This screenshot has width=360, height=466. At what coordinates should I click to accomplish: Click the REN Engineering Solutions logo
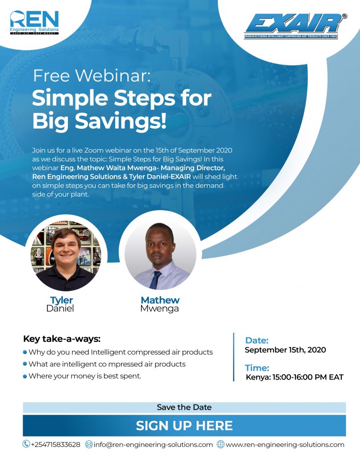pyautogui.click(x=34, y=23)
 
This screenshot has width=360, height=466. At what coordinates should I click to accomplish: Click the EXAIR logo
pyautogui.click(x=295, y=26)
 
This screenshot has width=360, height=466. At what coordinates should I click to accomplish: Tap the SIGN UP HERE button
pyautogui.click(x=184, y=425)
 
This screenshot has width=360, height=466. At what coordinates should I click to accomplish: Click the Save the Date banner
pyautogui.click(x=184, y=407)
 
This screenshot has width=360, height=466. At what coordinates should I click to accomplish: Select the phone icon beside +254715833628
pyautogui.click(x=26, y=444)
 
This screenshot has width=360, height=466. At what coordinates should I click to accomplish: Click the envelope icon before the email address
pyautogui.click(x=89, y=445)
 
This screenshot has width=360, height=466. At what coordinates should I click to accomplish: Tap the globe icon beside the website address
pyautogui.click(x=220, y=445)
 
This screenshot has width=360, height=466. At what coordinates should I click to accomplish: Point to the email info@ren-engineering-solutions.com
pyautogui.click(x=153, y=445)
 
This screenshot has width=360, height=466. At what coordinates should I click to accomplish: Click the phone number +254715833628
pyautogui.click(x=56, y=445)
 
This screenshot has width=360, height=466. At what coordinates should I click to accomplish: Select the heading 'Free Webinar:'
pyautogui.click(x=92, y=76)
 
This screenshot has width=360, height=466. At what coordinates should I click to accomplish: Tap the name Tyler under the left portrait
pyautogui.click(x=61, y=300)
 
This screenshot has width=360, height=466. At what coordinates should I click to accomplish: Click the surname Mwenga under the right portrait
pyautogui.click(x=159, y=309)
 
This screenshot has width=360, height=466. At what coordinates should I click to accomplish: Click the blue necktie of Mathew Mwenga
pyautogui.click(x=155, y=280)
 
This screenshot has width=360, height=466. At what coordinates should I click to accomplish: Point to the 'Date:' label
pyautogui.click(x=257, y=340)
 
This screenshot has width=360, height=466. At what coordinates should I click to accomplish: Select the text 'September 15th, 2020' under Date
pyautogui.click(x=285, y=350)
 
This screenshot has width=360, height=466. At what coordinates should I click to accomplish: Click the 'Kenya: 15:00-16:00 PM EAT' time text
pyautogui.click(x=294, y=377)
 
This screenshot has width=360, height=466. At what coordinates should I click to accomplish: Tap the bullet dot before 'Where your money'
pyautogui.click(x=25, y=376)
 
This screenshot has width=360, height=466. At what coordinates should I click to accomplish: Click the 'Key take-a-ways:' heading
pyautogui.click(x=62, y=339)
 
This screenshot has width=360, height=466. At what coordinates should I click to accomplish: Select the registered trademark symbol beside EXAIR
pyautogui.click(x=345, y=16)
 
